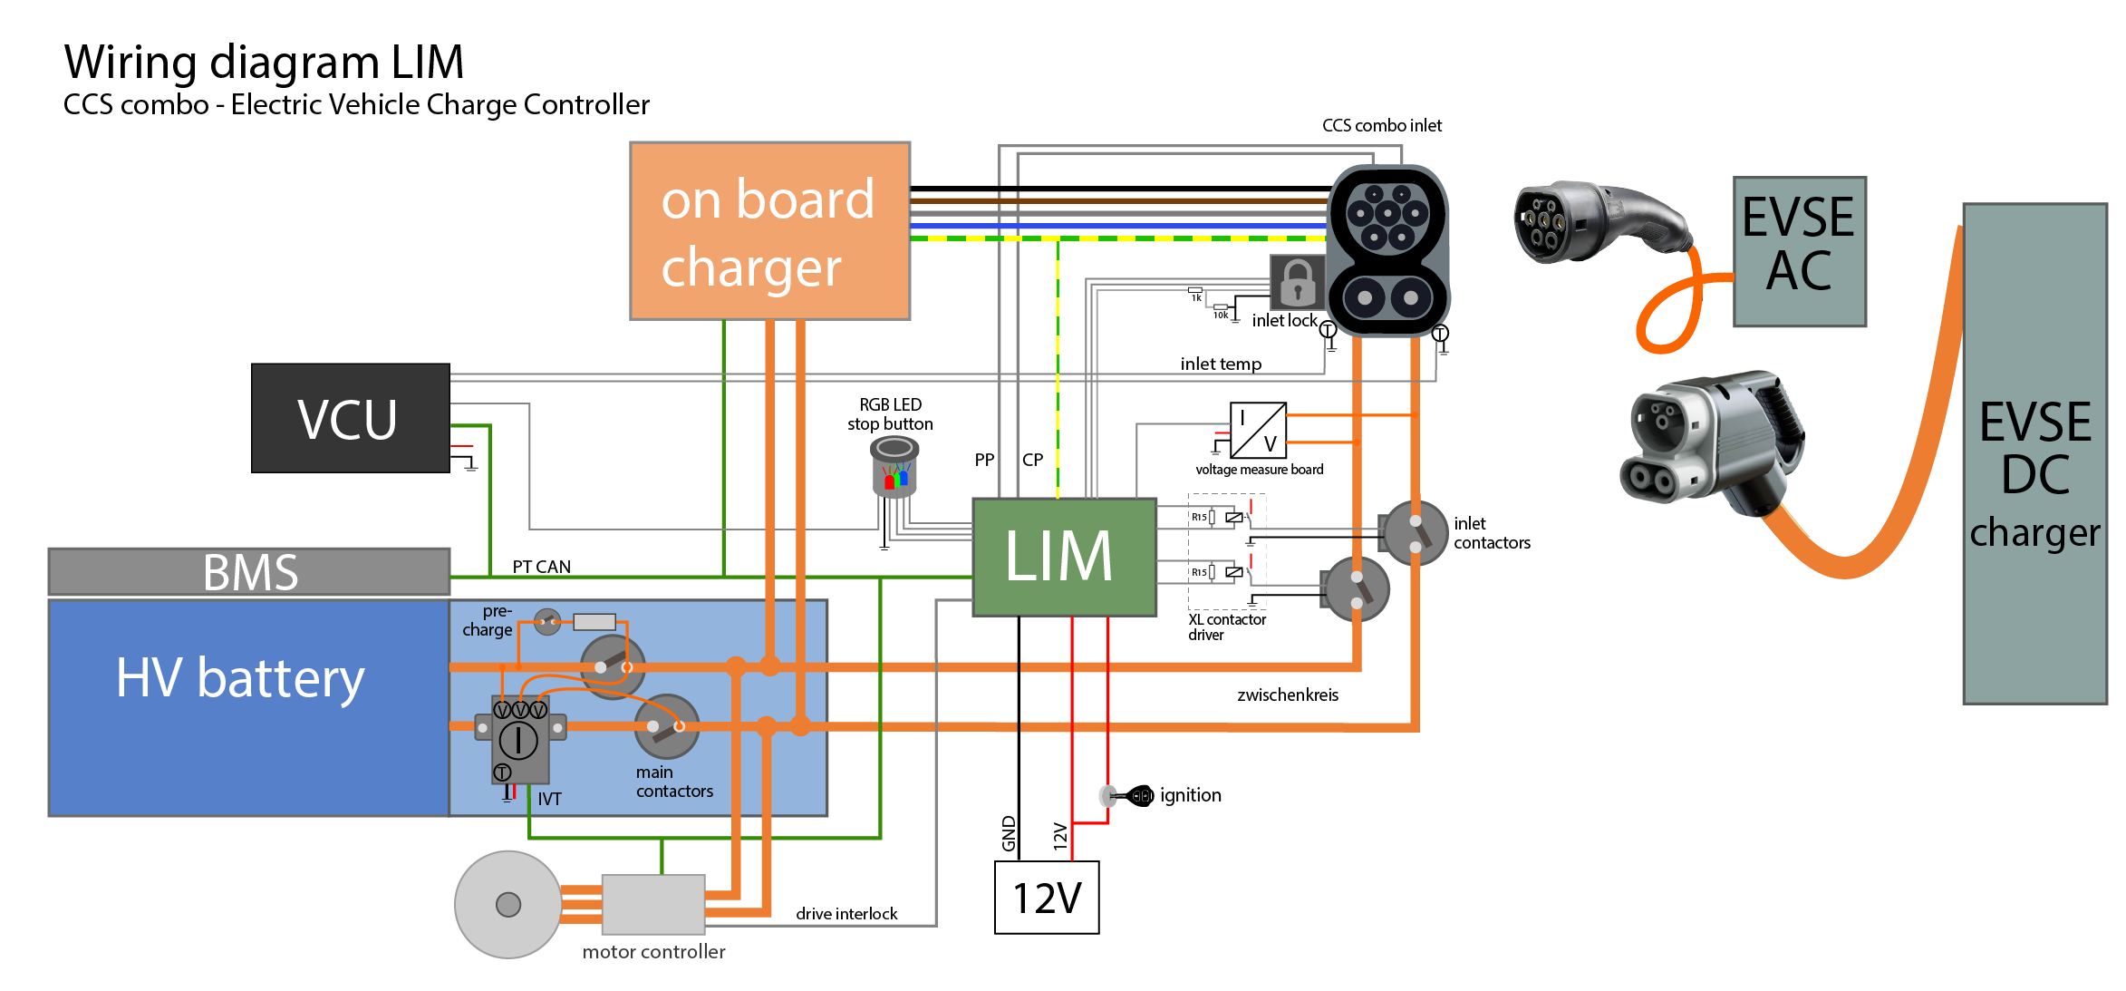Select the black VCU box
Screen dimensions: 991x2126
(x=351, y=418)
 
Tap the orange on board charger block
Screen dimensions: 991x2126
(x=769, y=231)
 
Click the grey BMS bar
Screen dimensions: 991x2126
(x=249, y=572)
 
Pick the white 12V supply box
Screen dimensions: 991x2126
(x=1047, y=898)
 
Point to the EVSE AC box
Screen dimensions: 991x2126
(x=1799, y=251)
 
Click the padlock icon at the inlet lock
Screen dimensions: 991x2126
(x=1298, y=282)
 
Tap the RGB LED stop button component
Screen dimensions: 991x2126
(x=894, y=466)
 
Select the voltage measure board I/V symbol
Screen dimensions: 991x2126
(x=1258, y=430)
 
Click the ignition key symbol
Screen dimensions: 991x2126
(x=1133, y=796)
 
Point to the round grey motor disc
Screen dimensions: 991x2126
(x=508, y=904)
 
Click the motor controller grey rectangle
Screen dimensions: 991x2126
(x=653, y=904)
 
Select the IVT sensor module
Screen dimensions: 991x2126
(x=519, y=739)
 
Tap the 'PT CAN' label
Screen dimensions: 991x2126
(x=541, y=567)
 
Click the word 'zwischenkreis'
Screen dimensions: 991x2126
(x=1287, y=695)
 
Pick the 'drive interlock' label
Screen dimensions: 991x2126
(x=846, y=914)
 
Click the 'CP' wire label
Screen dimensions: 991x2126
(x=1032, y=460)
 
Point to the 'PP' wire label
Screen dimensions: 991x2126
(x=984, y=460)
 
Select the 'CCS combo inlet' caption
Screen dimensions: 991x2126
(x=1381, y=126)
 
